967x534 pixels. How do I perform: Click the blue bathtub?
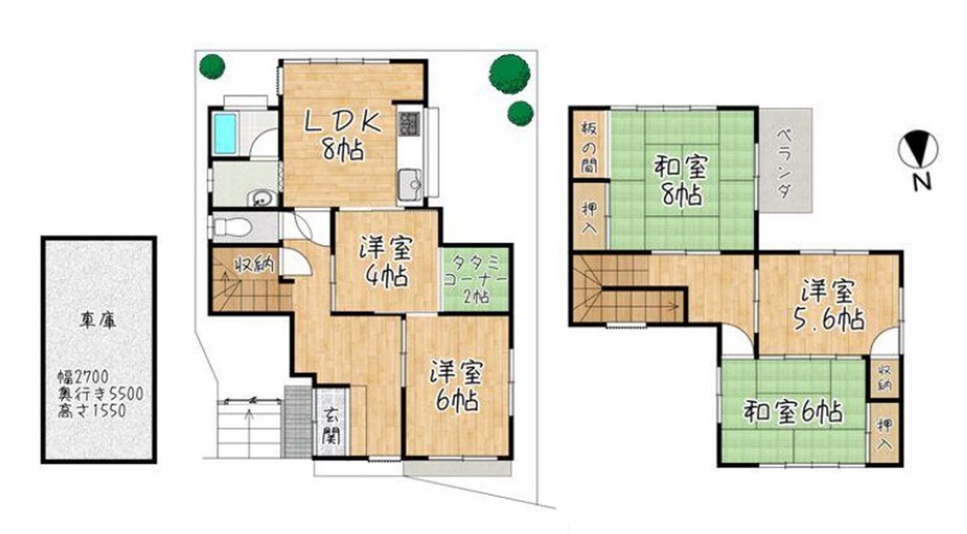coord(225,133)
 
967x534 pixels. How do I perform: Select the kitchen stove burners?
coord(409,123)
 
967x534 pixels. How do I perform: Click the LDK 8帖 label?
coord(343,136)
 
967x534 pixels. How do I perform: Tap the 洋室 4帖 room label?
coord(385,263)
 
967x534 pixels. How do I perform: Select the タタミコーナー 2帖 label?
coord(475,278)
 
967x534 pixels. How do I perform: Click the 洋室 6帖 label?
coord(457,385)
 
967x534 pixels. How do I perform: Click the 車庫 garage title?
coord(98,320)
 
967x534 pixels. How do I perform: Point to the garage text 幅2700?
coord(83,377)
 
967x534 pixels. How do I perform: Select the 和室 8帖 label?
coord(681,181)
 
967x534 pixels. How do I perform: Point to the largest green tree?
coord(510,74)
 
